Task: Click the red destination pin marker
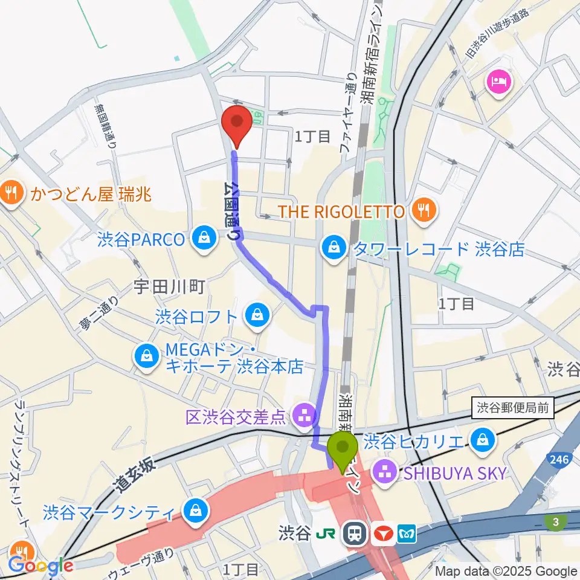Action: (237, 125)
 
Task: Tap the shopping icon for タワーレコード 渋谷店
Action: (332, 247)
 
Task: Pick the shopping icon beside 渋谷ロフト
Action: (257, 315)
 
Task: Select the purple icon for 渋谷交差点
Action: (300, 416)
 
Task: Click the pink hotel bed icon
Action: (500, 82)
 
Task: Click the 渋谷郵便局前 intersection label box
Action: (512, 408)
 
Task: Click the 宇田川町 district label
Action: (161, 286)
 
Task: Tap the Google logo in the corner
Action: (40, 565)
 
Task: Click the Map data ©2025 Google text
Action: (506, 571)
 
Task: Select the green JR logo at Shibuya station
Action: (329, 533)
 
